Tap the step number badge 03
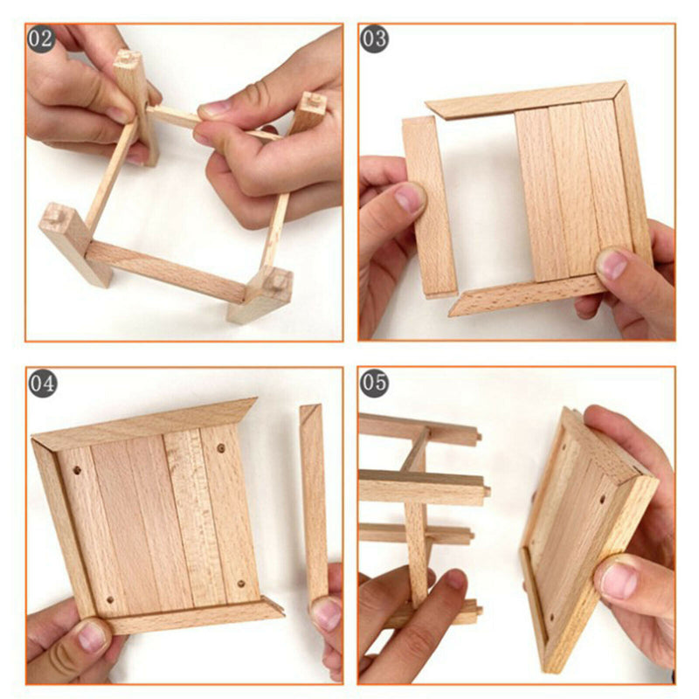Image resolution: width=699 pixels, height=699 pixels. [x=375, y=39]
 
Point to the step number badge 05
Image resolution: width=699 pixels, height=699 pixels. [x=375, y=383]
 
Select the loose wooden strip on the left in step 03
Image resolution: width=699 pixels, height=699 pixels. [x=428, y=206]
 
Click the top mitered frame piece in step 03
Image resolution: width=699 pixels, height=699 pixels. [x=524, y=100]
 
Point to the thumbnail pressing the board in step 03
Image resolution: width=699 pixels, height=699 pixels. [x=612, y=263]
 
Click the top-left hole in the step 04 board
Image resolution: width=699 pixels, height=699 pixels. [x=77, y=470]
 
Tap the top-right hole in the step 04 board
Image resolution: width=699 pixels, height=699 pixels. [x=220, y=447]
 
